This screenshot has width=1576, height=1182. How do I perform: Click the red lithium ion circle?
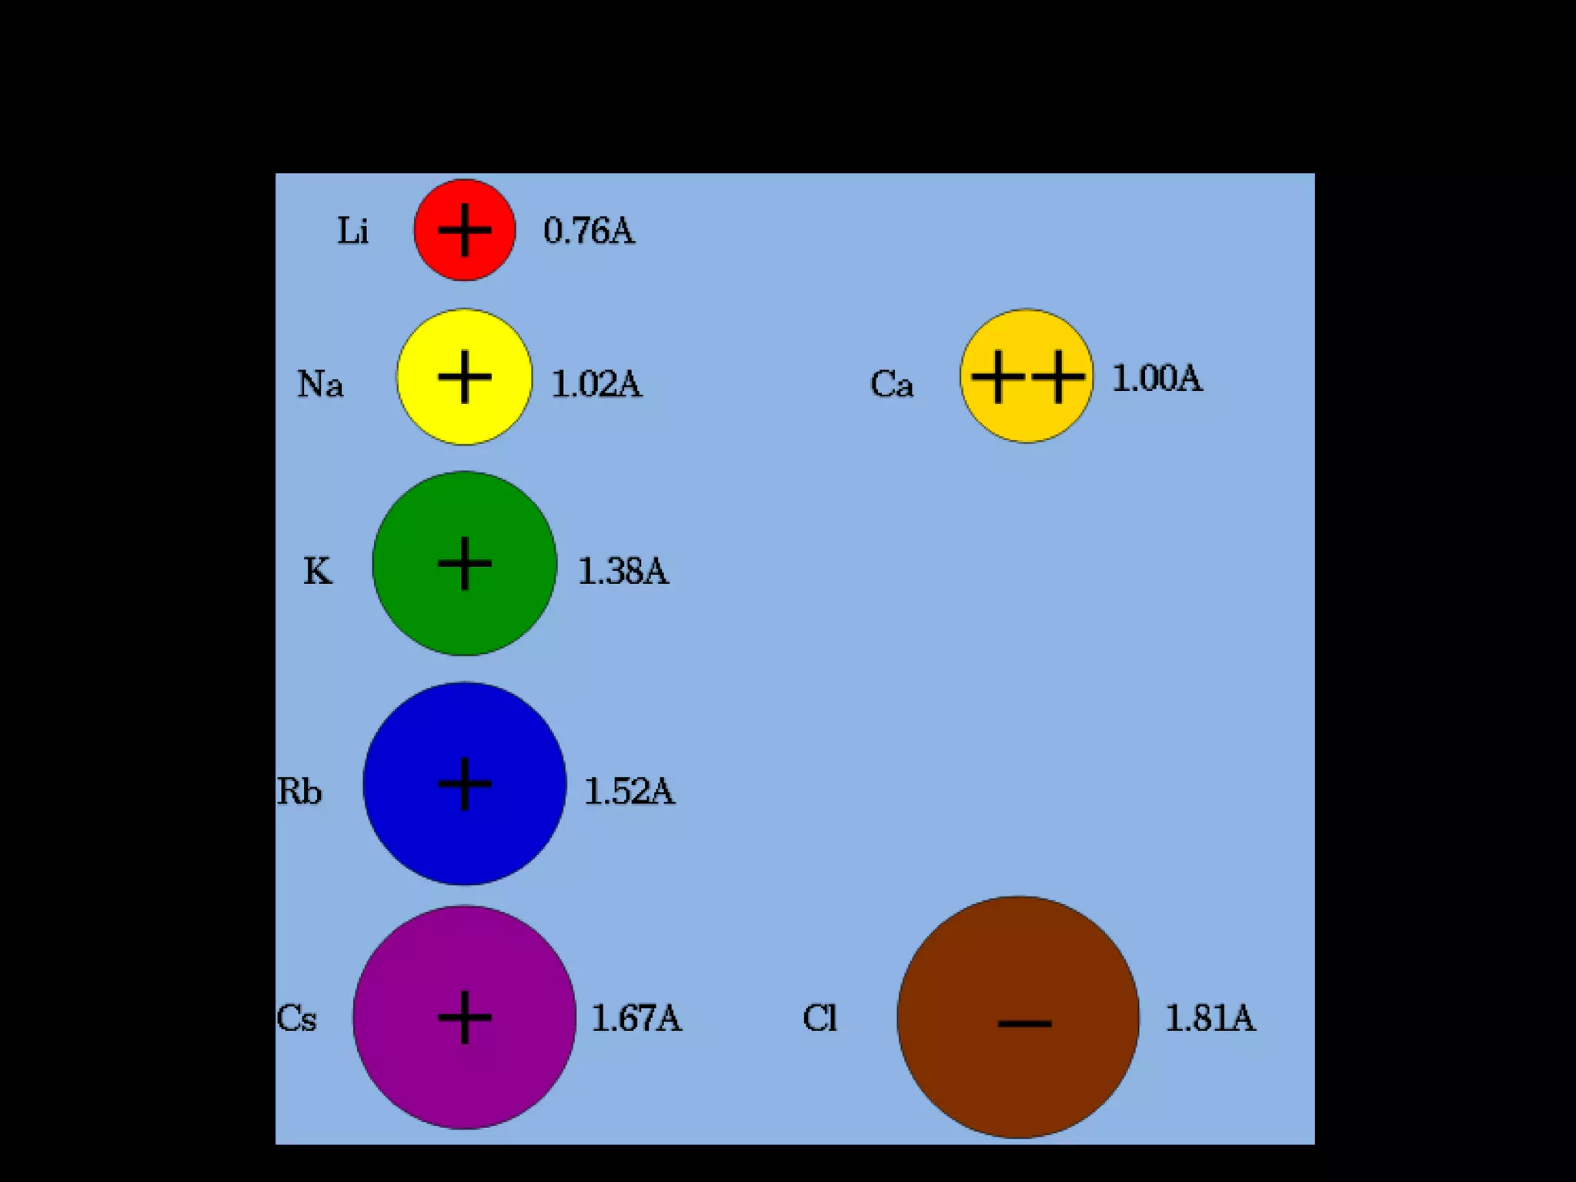click(464, 230)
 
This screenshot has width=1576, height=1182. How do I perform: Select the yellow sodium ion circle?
click(464, 377)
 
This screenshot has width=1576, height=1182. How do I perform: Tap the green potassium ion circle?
click(464, 563)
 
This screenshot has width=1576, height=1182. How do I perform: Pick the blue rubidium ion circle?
click(464, 783)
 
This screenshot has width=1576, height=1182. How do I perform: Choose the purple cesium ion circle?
click(464, 1017)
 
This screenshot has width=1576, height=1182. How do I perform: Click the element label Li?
click(353, 230)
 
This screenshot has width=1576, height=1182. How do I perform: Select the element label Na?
click(320, 383)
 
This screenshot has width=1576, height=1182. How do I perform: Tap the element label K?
click(318, 571)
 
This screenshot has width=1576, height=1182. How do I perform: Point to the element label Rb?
click(299, 791)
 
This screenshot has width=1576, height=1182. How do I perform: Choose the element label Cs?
click(296, 1018)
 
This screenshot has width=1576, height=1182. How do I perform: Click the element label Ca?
click(892, 383)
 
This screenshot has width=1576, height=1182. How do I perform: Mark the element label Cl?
click(820, 1018)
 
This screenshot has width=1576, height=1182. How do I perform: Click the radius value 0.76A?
click(589, 230)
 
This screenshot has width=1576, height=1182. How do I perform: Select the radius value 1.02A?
click(596, 383)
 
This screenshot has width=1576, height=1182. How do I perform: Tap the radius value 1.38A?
click(623, 571)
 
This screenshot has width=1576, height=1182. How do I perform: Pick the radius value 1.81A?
click(1210, 1018)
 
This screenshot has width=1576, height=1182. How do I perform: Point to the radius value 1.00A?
click(1157, 378)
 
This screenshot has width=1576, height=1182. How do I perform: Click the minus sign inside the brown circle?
click(1024, 1023)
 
